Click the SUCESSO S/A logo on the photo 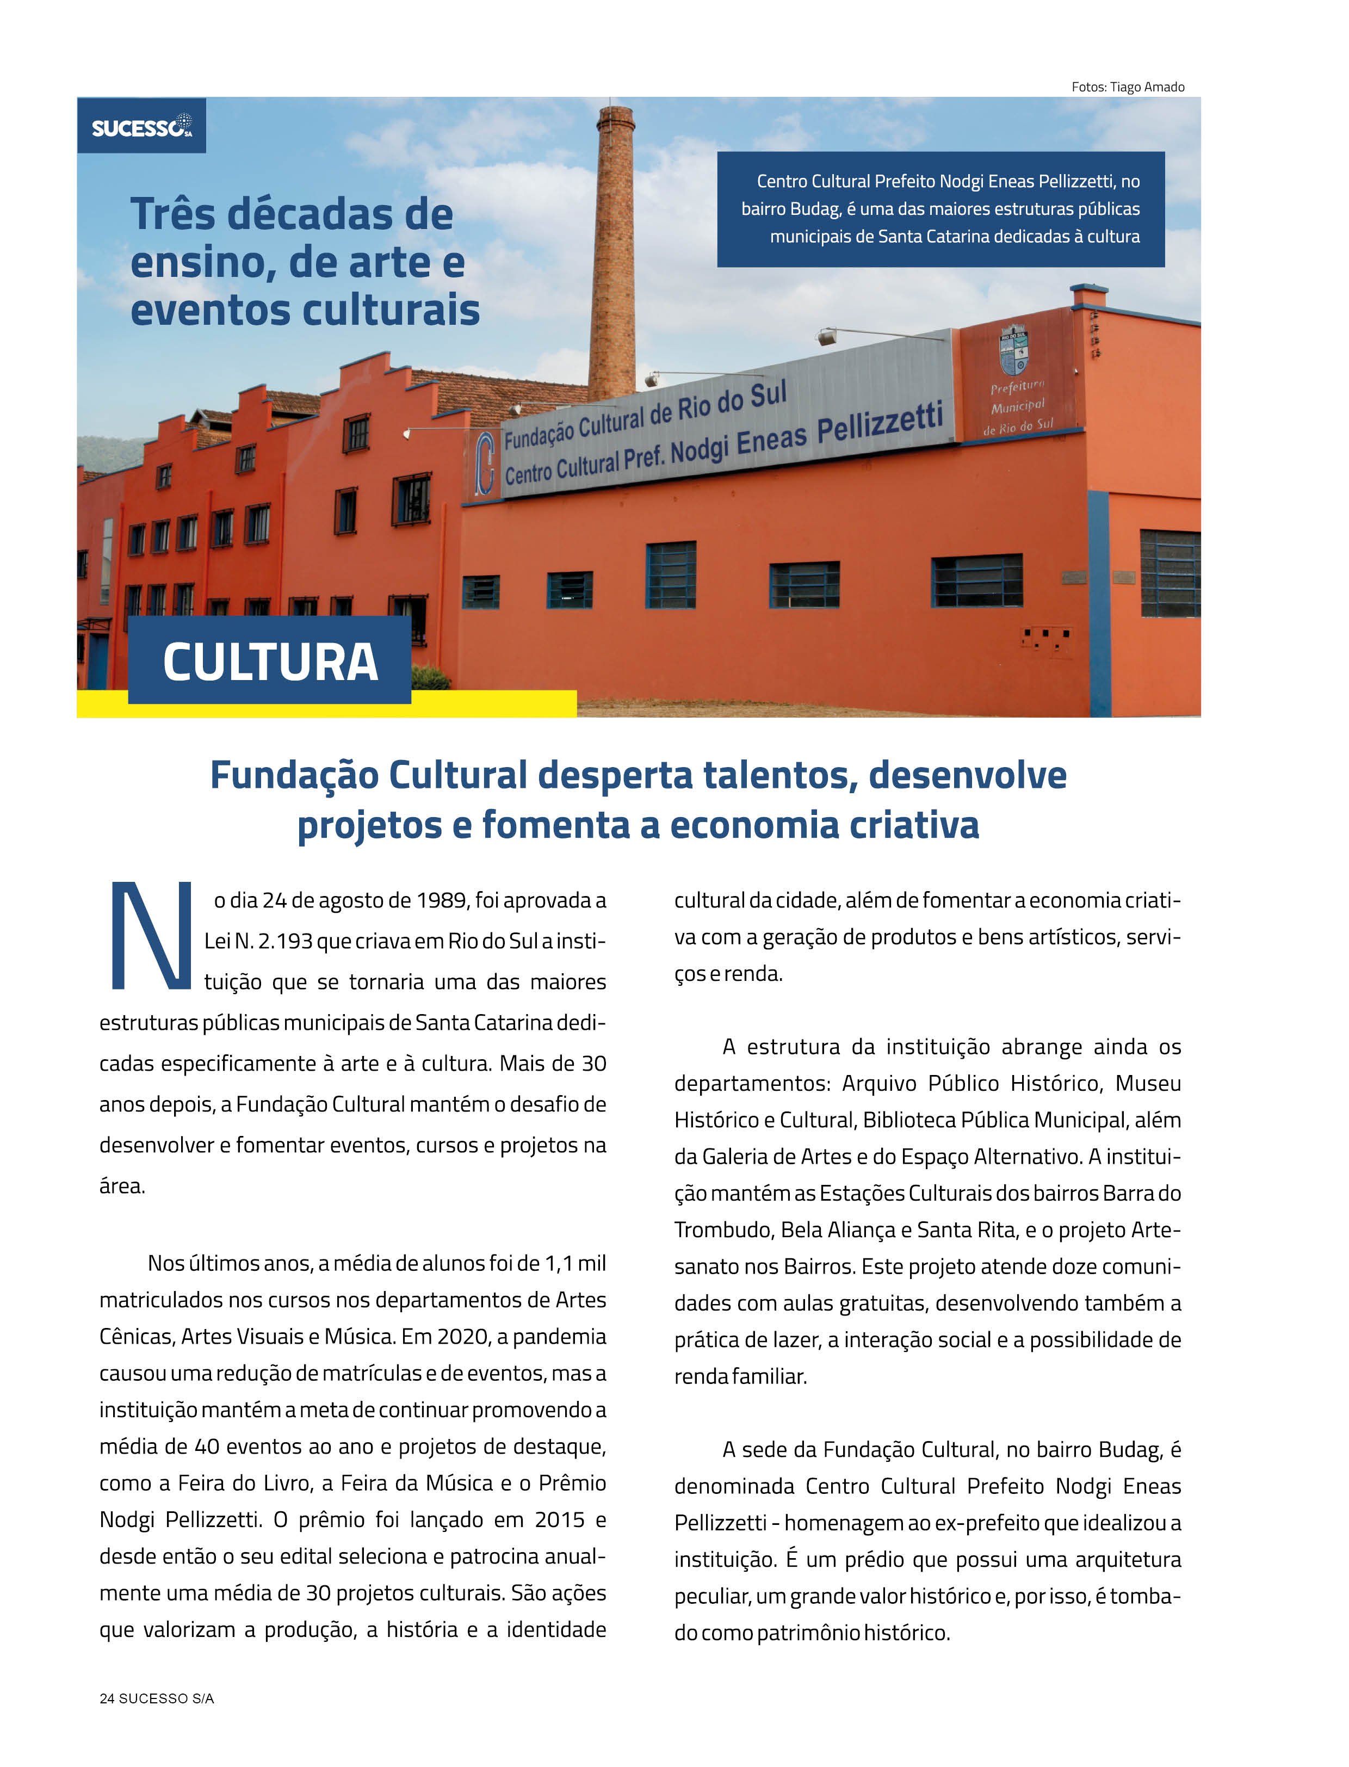[141, 126]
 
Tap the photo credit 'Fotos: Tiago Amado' [1128, 87]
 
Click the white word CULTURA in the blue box [270, 662]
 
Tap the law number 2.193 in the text [284, 941]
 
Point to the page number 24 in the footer [107, 1698]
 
